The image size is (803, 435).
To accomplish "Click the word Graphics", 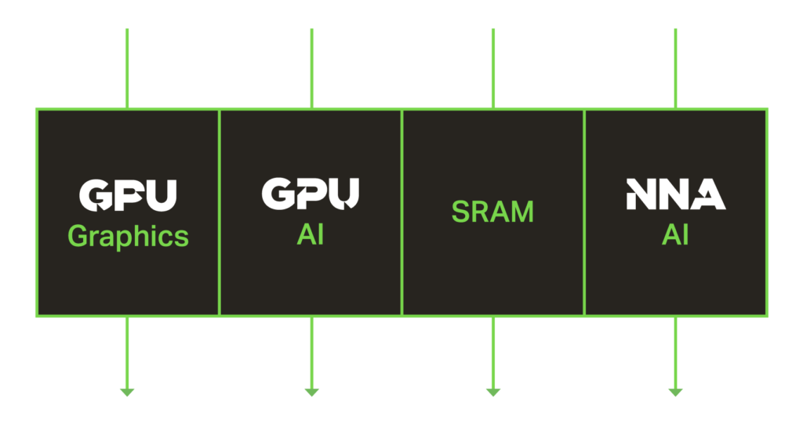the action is [128, 237].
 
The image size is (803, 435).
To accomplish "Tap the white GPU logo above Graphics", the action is [128, 195].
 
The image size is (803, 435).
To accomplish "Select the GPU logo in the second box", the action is [311, 194].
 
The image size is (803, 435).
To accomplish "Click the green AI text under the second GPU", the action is [311, 235].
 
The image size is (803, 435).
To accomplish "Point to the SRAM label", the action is [492, 212].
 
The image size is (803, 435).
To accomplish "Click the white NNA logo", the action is [676, 194].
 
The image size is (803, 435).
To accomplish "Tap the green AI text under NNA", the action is [675, 235].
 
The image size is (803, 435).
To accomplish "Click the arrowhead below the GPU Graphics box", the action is [127, 393].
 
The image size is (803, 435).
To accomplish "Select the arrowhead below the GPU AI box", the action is [312, 393].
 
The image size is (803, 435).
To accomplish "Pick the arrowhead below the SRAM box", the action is [493, 393].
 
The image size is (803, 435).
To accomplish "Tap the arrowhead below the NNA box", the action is [675, 393].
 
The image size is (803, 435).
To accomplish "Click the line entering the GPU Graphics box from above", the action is [127, 68].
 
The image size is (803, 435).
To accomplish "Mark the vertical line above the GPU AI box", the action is [312, 68].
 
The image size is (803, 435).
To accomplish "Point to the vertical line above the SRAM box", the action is [493, 68].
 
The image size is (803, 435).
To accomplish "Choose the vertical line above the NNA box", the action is [675, 68].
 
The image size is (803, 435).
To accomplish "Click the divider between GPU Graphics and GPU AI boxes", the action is [220, 212].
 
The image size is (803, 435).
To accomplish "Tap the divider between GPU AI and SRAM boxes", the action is [402, 212].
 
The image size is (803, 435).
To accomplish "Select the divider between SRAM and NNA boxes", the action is [584, 212].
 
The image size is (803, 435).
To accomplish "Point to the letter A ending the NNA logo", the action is [709, 194].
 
